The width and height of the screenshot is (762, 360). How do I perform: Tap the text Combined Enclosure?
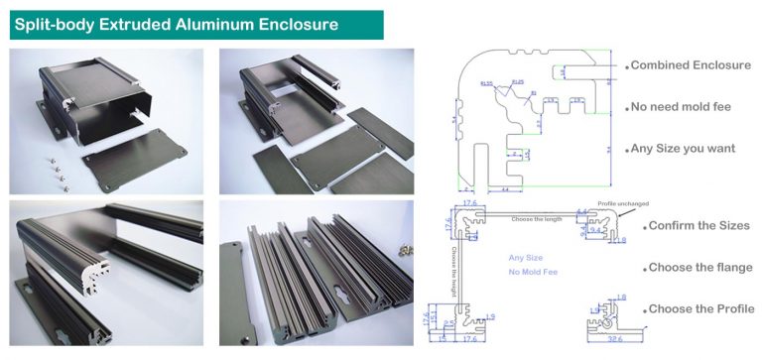689,65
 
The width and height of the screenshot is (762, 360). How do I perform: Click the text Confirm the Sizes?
698,226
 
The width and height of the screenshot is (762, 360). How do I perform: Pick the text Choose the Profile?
699,308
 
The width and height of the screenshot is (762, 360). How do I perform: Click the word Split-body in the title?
55,22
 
